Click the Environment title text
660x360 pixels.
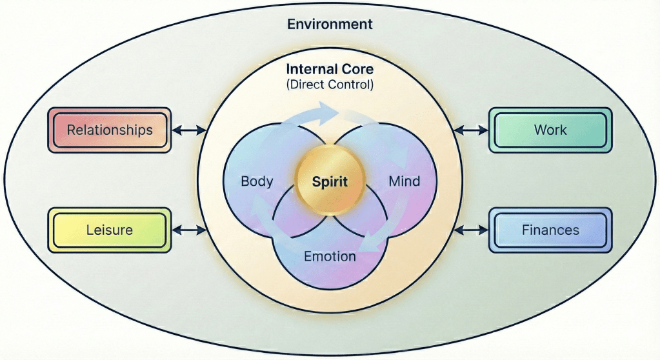330,25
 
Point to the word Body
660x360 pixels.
257,181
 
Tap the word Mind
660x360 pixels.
405,181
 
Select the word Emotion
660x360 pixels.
330,256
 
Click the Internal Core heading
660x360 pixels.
330,69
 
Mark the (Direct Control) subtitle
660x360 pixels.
330,84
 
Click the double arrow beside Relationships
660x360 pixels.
189,130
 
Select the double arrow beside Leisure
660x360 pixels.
189,229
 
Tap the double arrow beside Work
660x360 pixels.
471,130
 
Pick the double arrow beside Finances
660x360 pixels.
471,229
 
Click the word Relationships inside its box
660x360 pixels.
110,130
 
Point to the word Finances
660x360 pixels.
550,230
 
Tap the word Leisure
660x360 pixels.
110,230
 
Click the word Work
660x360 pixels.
550,130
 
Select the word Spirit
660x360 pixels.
330,182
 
